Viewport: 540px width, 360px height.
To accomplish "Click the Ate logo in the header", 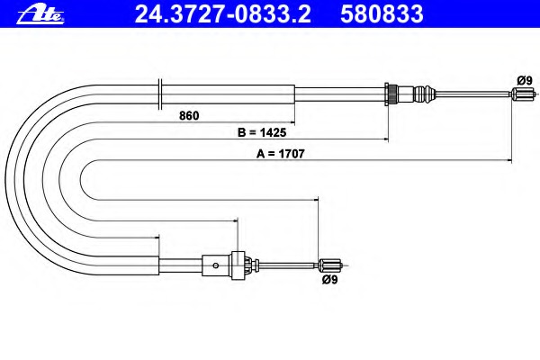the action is (x=40, y=14).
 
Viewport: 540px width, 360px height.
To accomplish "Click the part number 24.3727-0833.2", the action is (x=223, y=14).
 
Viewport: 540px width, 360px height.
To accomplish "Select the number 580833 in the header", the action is (x=382, y=14).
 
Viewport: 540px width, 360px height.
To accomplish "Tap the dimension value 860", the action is (x=189, y=116).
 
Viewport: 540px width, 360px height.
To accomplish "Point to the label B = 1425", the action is (x=262, y=132).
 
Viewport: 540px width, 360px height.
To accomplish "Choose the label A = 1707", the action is (x=280, y=154).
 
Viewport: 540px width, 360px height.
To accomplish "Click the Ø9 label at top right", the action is (x=524, y=81).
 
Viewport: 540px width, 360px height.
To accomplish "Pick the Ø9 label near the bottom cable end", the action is (x=330, y=280).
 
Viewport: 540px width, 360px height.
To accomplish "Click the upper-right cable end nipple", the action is (x=523, y=94).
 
